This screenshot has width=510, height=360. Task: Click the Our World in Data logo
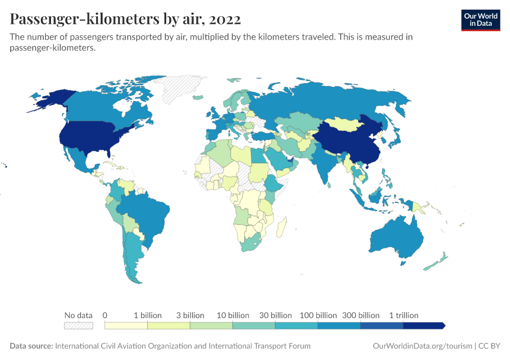click(x=480, y=20)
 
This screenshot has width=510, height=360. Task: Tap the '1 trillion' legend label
click(x=404, y=315)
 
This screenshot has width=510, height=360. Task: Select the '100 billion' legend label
click(x=318, y=315)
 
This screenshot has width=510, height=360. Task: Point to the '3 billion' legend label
click(x=190, y=315)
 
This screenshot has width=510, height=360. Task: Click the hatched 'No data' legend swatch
click(x=79, y=325)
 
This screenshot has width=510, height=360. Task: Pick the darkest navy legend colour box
click(x=424, y=325)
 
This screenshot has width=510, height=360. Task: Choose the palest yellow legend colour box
click(x=126, y=325)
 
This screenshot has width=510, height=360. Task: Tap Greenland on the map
click(x=180, y=90)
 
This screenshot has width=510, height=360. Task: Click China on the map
click(x=348, y=141)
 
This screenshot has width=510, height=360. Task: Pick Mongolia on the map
click(x=348, y=123)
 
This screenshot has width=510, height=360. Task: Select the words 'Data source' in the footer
click(x=31, y=346)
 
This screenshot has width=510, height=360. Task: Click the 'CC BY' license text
click(x=490, y=346)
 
